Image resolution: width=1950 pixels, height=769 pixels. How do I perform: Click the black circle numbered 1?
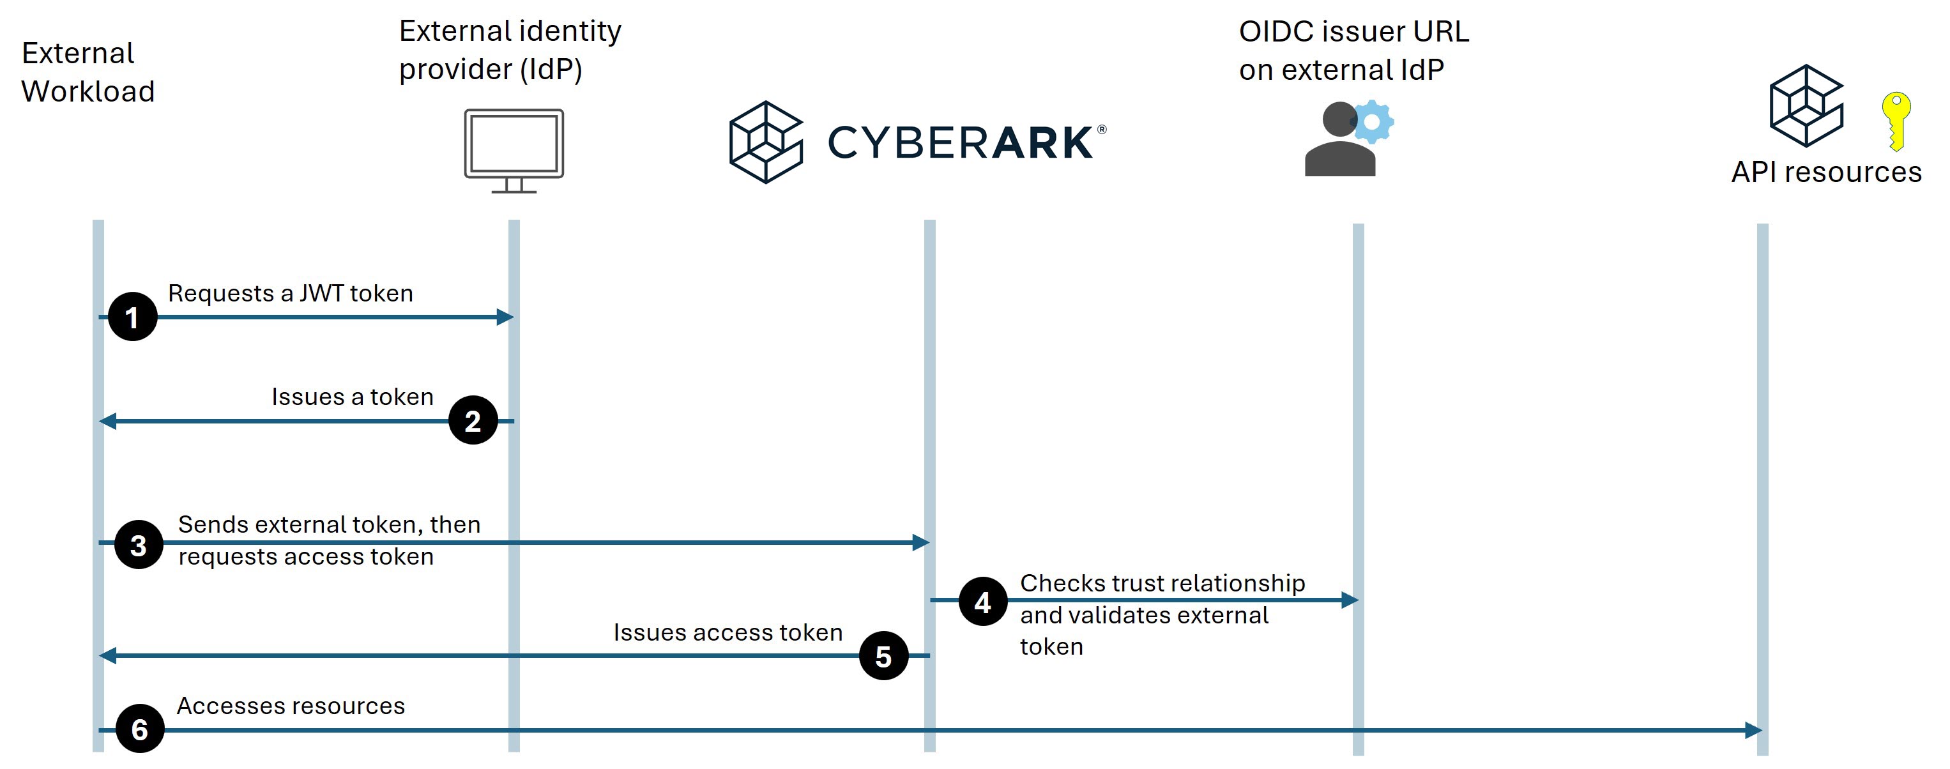(132, 316)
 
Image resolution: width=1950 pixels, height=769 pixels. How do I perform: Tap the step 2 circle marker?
(473, 420)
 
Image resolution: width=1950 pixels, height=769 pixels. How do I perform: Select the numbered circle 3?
(139, 544)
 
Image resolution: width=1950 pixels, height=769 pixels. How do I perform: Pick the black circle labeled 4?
(982, 601)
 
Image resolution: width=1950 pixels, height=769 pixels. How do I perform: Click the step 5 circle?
(883, 655)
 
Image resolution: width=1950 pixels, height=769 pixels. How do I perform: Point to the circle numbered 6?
(140, 728)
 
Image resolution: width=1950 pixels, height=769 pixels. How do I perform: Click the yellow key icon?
(1896, 121)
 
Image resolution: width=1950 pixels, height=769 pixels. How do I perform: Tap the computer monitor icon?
(514, 151)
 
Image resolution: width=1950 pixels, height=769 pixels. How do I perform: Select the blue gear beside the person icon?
(1372, 122)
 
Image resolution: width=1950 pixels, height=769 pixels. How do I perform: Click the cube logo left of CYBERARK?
(765, 142)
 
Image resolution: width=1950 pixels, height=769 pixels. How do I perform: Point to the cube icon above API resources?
(1806, 105)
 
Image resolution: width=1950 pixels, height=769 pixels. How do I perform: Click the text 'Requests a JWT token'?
(291, 293)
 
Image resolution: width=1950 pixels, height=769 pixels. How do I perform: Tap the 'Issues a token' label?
(353, 397)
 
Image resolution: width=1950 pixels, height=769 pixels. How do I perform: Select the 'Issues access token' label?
(728, 632)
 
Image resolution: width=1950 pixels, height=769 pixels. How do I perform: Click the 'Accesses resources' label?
(291, 705)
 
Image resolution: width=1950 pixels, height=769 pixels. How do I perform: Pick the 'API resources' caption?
(1827, 172)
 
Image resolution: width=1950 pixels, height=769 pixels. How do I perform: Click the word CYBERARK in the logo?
(961, 142)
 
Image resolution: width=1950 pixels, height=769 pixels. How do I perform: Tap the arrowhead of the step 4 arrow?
(1350, 600)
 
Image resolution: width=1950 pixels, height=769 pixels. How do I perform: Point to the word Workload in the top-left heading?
(88, 91)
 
